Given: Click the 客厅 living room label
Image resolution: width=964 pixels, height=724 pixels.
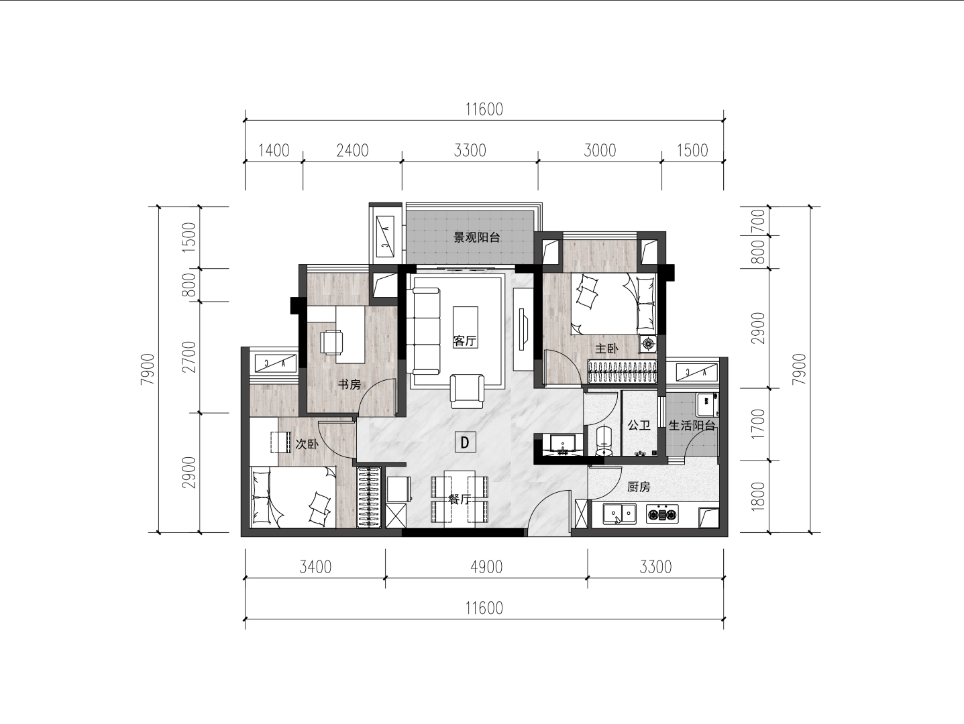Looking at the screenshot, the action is (465, 341).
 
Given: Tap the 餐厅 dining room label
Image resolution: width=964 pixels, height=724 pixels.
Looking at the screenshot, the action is (460, 499).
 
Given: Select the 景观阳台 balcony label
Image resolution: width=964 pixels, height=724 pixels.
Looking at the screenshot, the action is (477, 238).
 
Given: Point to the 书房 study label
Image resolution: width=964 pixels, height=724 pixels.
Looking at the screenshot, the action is (350, 385).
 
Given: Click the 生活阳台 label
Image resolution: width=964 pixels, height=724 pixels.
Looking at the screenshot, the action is (692, 425).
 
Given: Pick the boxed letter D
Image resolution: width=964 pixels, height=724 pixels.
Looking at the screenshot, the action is (465, 442).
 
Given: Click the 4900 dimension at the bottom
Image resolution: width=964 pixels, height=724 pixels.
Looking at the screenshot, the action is (486, 567).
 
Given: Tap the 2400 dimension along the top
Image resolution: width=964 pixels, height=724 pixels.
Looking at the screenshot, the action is (353, 151).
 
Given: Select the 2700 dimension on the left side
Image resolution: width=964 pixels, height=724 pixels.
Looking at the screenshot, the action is (190, 357).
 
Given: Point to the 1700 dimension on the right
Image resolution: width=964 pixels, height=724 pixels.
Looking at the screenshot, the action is (759, 424).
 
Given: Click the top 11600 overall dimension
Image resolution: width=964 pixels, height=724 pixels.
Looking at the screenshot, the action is (484, 109).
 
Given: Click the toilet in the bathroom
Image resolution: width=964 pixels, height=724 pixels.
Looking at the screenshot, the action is (604, 440).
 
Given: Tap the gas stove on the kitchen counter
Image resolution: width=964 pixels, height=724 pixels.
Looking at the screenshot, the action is (662, 514).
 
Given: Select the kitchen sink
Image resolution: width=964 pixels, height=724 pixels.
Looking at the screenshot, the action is (619, 514).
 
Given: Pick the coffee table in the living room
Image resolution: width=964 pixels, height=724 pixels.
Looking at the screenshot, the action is (466, 327).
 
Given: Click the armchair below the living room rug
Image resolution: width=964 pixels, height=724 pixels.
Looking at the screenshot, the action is (468, 391).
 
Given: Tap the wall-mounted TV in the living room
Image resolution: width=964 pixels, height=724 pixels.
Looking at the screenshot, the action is (522, 329).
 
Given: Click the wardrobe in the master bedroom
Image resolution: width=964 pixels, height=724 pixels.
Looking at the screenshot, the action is (623, 372).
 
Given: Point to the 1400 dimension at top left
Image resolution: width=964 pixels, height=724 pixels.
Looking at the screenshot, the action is (274, 151).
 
